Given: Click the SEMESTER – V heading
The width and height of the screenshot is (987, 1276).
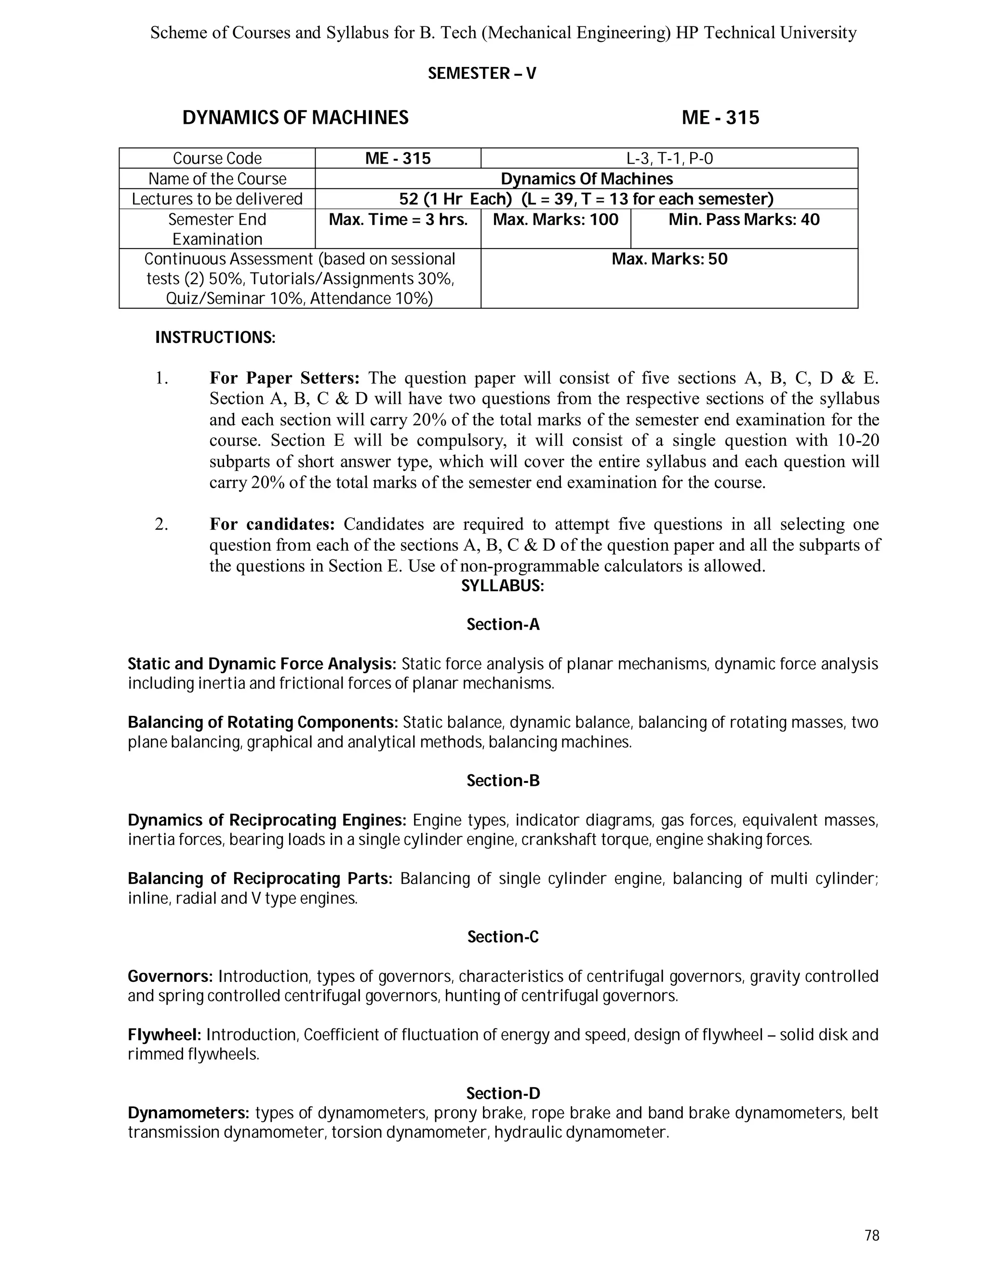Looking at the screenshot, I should coord(482,74).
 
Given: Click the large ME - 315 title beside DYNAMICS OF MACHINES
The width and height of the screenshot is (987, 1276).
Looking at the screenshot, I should coord(720,118).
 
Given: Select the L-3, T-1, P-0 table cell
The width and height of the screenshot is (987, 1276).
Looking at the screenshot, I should coord(669,158).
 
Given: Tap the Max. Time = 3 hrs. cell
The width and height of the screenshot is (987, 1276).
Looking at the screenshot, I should coord(398,220).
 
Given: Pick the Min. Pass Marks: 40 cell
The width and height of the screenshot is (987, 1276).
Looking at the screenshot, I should coord(744,220).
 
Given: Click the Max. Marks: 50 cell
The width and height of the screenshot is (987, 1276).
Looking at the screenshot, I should coord(669,259).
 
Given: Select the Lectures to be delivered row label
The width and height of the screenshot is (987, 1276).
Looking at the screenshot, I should coord(217,199).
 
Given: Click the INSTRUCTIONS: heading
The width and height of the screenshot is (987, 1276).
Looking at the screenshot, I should coord(214,338).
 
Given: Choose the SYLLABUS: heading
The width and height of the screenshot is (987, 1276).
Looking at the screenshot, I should coord(502,586).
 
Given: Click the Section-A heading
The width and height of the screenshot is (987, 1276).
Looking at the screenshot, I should coord(503,625).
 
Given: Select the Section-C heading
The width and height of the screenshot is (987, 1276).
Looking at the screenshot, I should coord(503,937).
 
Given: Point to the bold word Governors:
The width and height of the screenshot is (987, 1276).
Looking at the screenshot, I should coord(170,977).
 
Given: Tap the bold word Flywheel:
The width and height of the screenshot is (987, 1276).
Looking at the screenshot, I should coord(164,1035).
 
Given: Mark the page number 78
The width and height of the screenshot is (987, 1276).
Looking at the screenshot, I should coord(871,1236).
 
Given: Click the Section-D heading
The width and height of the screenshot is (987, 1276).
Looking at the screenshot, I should coord(503,1093).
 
